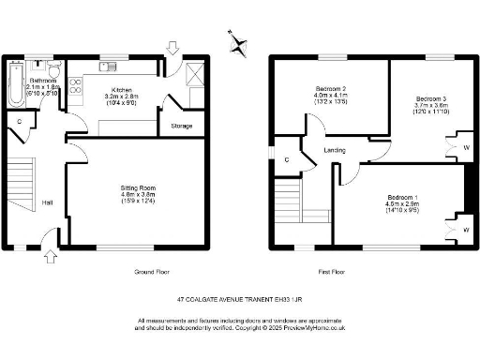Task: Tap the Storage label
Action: (x=182, y=126)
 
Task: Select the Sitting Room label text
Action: (x=137, y=188)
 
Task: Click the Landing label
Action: (x=335, y=150)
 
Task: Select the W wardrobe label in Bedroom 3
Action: (x=466, y=147)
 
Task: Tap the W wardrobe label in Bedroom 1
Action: (x=466, y=229)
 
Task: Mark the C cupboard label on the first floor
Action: (x=286, y=159)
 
